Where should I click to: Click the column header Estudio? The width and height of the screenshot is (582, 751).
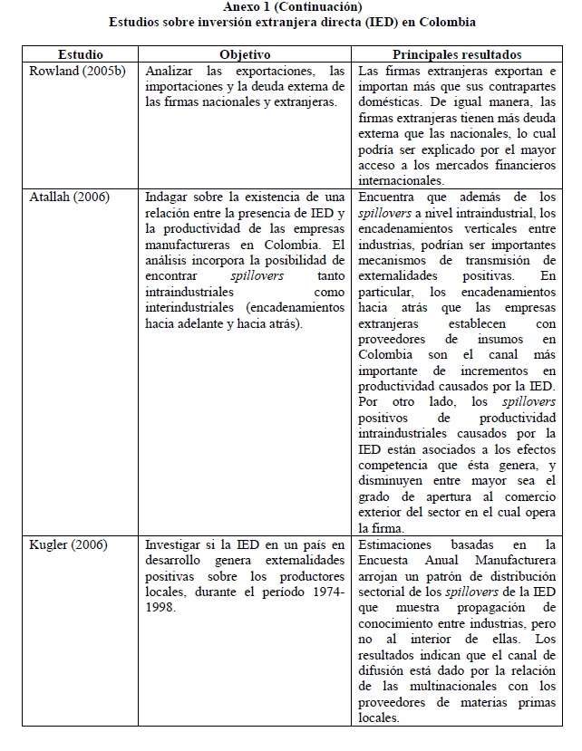click(x=80, y=55)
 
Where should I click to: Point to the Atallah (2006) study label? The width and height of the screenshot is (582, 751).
click(x=63, y=196)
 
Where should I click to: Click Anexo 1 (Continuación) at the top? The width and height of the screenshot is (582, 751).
click(x=291, y=6)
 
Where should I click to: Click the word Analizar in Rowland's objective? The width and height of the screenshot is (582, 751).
click(x=171, y=71)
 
